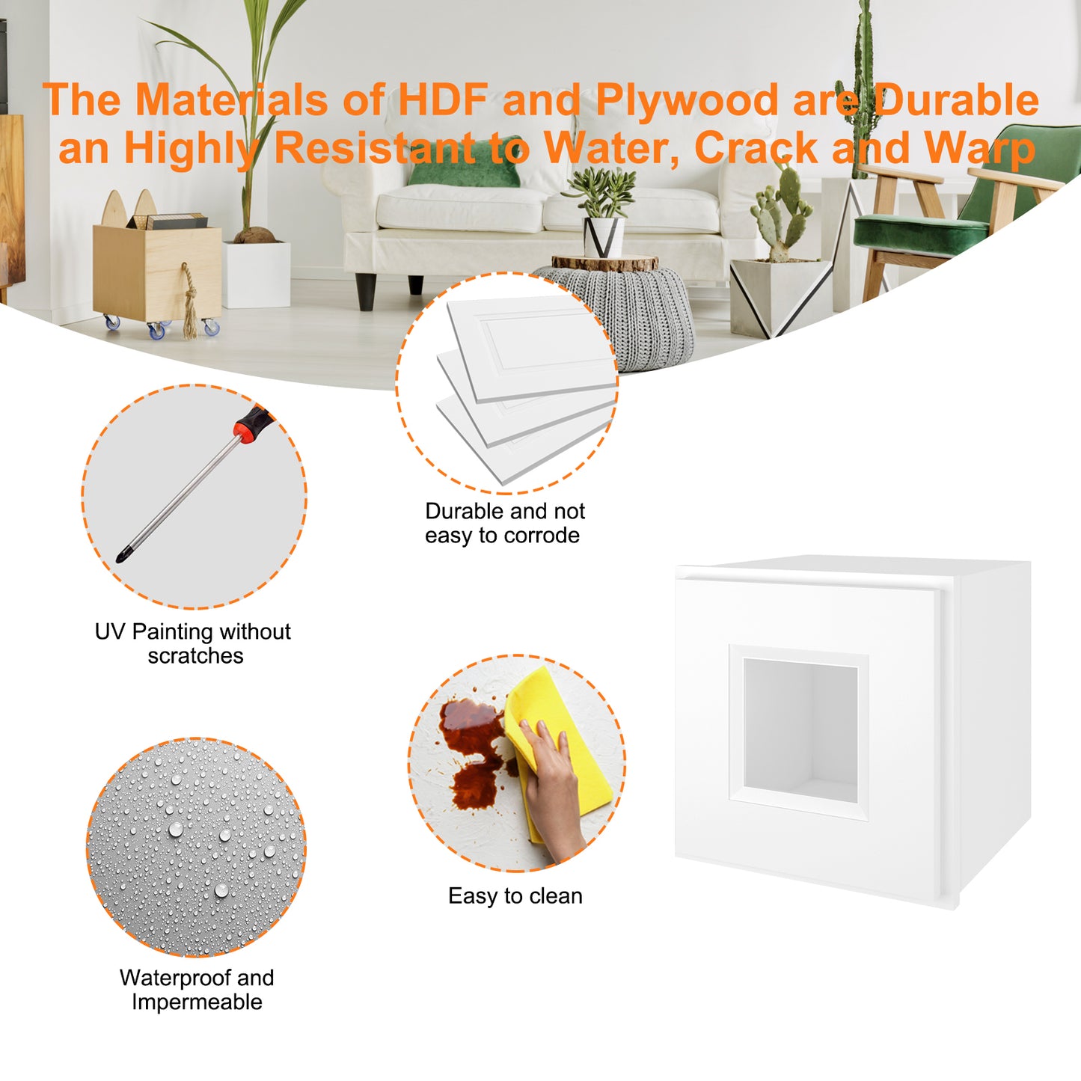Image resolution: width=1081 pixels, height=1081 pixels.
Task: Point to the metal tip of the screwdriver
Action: (x=120, y=556)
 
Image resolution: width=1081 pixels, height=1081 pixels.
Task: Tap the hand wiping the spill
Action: (x=553, y=785)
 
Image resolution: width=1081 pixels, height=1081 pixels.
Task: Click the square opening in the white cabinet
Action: (x=800, y=730)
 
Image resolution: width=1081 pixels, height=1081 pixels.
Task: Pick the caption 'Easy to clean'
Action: (x=515, y=896)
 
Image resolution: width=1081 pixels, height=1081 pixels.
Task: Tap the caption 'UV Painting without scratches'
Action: (x=193, y=643)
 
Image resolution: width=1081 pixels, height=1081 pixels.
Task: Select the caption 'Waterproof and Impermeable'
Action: (x=196, y=990)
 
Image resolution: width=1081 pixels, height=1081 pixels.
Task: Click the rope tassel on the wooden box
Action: (x=190, y=301)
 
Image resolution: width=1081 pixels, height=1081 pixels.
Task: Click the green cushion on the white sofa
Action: (x=465, y=163)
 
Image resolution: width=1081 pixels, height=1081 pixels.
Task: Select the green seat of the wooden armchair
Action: (x=920, y=232)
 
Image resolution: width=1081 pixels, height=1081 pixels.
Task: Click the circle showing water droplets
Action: (x=196, y=848)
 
